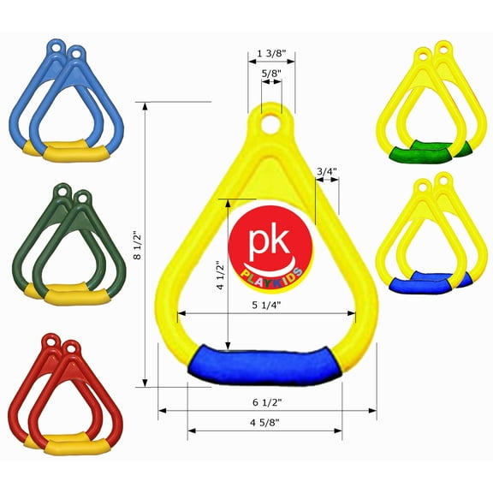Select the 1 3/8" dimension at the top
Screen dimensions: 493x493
pos(271,55)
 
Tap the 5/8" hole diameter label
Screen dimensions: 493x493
pos(270,74)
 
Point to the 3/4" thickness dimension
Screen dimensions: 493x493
pos(326,172)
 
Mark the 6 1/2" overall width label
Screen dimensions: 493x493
pos(268,401)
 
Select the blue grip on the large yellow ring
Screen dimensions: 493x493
pos(264,363)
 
